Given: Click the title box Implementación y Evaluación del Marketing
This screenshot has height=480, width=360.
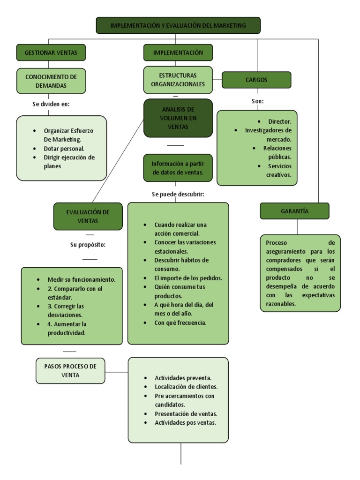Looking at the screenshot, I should (178, 25).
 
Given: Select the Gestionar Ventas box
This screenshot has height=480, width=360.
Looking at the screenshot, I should (51, 52).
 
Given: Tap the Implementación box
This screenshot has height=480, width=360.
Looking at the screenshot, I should (178, 52).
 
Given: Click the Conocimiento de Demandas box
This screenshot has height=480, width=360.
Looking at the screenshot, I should (51, 81).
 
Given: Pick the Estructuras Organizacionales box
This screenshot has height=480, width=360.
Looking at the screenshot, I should (178, 80).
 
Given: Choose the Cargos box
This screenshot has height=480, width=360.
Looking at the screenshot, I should (256, 80).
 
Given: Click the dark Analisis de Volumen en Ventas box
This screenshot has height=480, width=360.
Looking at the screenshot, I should (178, 118).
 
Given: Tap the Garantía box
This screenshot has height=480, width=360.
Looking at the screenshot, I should (294, 211).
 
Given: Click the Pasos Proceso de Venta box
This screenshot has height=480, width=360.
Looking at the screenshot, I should (70, 371).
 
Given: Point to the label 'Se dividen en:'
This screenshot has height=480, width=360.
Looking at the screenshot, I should (51, 104).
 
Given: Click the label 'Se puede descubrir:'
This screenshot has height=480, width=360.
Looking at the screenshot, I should (178, 194).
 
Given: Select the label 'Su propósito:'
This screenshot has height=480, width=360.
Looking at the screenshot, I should (88, 245).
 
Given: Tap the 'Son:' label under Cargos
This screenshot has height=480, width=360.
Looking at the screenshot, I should (257, 101).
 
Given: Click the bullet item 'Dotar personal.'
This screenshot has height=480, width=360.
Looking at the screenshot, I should (64, 149).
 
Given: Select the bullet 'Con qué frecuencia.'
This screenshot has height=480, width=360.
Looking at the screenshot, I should (180, 322).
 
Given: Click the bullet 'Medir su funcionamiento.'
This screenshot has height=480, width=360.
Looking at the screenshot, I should (81, 279).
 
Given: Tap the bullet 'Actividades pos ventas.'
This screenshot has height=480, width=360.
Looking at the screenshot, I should (185, 422).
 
